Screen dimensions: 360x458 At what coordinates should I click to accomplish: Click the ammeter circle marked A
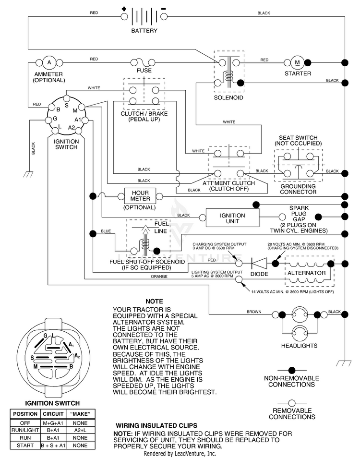pyautogui.click(x=49, y=62)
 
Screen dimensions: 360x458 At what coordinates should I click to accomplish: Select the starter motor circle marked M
pyautogui.click(x=297, y=62)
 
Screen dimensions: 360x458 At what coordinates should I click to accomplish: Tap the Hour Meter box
pyautogui.click(x=140, y=196)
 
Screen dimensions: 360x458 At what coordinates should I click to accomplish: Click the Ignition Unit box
pyautogui.click(x=232, y=218)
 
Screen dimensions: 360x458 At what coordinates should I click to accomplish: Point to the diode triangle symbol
pyautogui.click(x=259, y=264)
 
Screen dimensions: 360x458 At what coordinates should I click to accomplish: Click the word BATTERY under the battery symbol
pyautogui.click(x=144, y=31)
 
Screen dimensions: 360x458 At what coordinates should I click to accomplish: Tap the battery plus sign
pyautogui.click(x=124, y=9)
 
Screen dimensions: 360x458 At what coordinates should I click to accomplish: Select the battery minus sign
pyautogui.click(x=164, y=9)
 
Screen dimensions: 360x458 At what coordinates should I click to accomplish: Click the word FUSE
pyautogui.click(x=144, y=71)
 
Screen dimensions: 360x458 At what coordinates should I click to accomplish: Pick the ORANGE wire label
pyautogui.click(x=159, y=277)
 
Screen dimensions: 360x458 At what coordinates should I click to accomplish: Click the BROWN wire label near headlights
pyautogui.click(x=254, y=312)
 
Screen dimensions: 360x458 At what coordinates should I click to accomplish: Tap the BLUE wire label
pyautogui.click(x=106, y=231)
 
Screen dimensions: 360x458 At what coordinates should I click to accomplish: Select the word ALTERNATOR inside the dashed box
pyautogui.click(x=307, y=273)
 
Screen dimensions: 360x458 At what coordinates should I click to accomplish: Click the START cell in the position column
pyautogui.click(x=25, y=446)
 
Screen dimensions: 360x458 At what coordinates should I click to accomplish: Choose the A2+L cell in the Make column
pyautogui.click(x=80, y=430)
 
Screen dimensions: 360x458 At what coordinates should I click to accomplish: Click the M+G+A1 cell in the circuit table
pyautogui.click(x=53, y=423)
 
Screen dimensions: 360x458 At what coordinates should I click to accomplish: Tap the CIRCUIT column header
pyautogui.click(x=53, y=414)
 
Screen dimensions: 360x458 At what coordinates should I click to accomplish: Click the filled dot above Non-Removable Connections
pyautogui.click(x=292, y=370)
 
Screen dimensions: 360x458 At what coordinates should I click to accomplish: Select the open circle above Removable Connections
pyautogui.click(x=292, y=403)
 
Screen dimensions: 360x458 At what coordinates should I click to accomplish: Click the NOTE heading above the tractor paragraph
pyautogui.click(x=154, y=301)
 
